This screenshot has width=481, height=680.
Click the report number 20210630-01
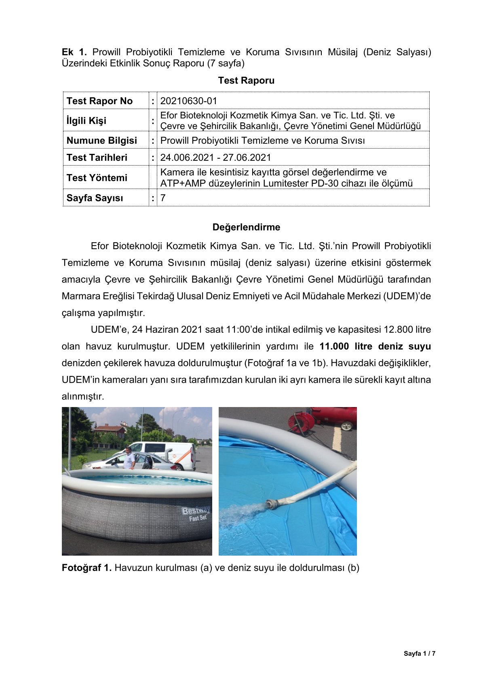point(188,101)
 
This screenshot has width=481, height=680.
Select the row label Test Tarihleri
point(97,157)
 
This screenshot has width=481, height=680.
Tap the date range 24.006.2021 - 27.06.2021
point(215,157)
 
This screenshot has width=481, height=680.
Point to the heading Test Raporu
point(246,80)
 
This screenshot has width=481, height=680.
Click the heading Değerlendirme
point(246,227)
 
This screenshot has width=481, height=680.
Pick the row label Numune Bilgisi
point(101,141)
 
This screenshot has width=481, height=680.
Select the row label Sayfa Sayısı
point(95,198)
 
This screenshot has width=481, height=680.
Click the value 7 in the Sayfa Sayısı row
point(163,198)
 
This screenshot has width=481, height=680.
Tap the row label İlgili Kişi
point(86,121)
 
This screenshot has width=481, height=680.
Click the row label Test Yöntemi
point(97,178)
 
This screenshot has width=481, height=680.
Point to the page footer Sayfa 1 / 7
point(419,653)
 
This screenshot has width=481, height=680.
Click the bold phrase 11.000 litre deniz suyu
point(375,346)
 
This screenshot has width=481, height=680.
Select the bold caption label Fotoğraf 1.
point(86,568)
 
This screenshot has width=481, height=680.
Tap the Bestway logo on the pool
point(196,510)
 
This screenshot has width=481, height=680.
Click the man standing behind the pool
point(129,458)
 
